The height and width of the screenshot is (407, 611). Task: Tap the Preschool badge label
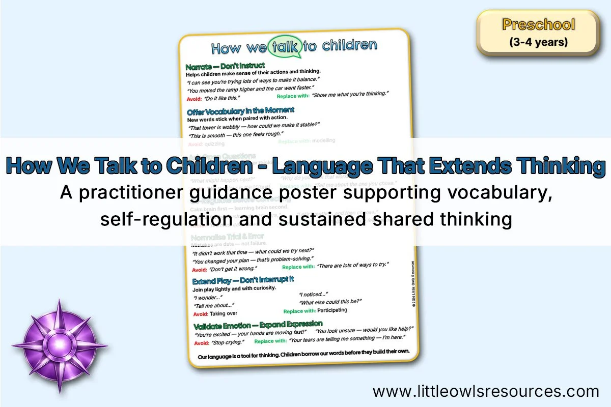(538, 24)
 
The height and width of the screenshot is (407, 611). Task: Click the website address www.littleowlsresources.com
(486, 391)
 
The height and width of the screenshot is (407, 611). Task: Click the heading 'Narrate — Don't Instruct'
(225, 66)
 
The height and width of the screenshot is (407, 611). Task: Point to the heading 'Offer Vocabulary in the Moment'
(240, 110)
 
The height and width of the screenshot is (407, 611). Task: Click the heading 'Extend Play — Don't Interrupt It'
(243, 280)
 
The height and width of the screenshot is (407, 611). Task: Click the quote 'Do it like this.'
(221, 97)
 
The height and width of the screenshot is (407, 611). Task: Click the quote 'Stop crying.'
(225, 342)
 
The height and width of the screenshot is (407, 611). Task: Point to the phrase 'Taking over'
(224, 313)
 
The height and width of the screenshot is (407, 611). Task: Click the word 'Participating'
(332, 310)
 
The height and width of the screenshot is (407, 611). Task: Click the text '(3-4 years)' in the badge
(538, 42)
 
